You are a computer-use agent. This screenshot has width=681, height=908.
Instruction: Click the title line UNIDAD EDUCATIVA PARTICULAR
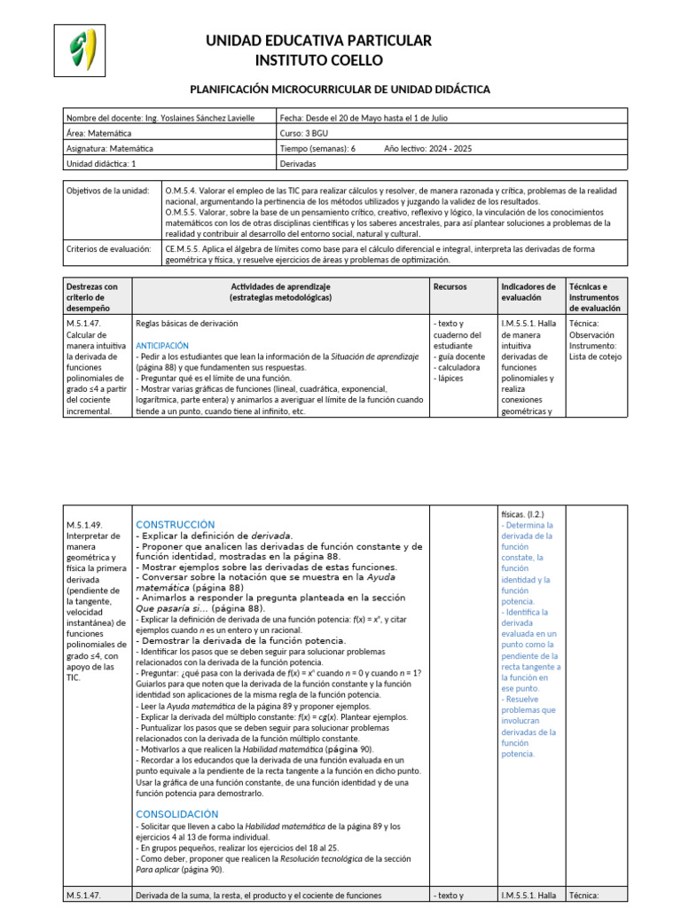pyautogui.click(x=318, y=41)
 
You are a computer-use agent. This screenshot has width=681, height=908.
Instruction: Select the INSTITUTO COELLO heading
pyautogui.click(x=318, y=60)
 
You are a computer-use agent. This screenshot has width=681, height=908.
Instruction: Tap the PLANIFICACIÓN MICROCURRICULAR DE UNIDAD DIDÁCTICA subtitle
pyautogui.click(x=340, y=90)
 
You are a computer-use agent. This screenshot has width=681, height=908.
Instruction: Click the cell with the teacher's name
pyautogui.click(x=160, y=117)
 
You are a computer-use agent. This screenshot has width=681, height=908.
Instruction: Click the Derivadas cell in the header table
pyautogui.click(x=296, y=164)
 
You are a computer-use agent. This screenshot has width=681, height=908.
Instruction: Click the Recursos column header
pyautogui.click(x=450, y=286)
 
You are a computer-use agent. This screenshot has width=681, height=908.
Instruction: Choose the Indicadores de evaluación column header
pyautogui.click(x=528, y=292)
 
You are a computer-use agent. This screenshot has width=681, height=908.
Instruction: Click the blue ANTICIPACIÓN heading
pyautogui.click(x=162, y=344)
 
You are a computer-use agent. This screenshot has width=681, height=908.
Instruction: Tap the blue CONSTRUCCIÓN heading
pyautogui.click(x=176, y=524)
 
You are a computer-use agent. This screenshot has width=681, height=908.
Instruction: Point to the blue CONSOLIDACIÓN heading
pyautogui.click(x=176, y=813)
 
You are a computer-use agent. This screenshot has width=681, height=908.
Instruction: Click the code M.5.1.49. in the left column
pyautogui.click(x=85, y=524)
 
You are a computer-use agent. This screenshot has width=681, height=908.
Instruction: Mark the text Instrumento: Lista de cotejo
pyautogui.click(x=595, y=351)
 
